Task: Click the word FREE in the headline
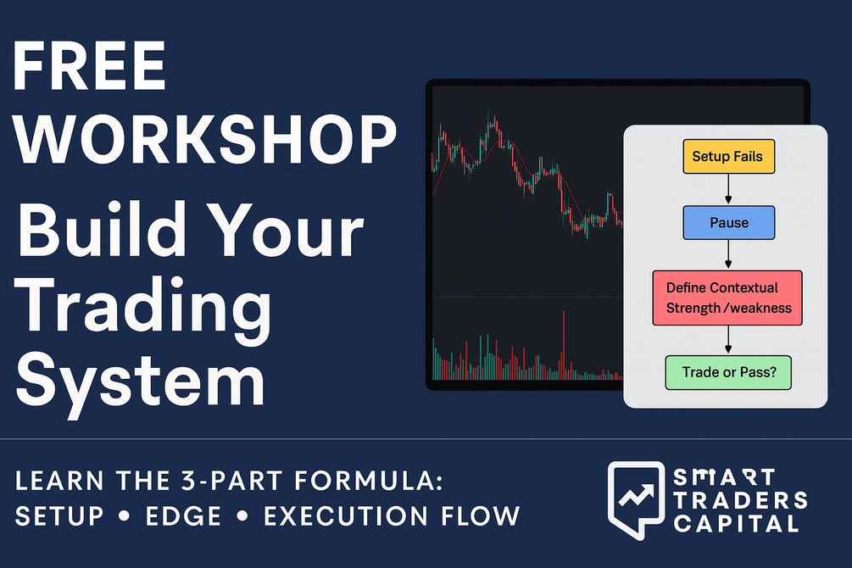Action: click(x=89, y=66)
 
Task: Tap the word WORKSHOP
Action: click(x=205, y=139)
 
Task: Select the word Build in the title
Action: click(x=101, y=229)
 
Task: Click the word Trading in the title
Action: click(x=144, y=309)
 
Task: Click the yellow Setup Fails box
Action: click(x=729, y=157)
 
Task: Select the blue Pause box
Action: click(x=729, y=223)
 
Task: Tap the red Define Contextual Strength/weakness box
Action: click(x=727, y=298)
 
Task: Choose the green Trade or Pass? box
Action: click(x=728, y=372)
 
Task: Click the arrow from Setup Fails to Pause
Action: click(x=728, y=189)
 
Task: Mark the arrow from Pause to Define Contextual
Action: click(x=728, y=255)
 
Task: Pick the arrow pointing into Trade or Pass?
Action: click(x=728, y=340)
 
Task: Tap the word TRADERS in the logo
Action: click(x=741, y=500)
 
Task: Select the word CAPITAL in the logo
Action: click(x=736, y=524)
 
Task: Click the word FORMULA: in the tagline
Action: click(x=369, y=481)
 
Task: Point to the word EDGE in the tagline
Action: click(x=183, y=515)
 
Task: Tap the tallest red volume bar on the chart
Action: click(x=564, y=345)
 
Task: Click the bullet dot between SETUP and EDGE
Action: click(x=125, y=515)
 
